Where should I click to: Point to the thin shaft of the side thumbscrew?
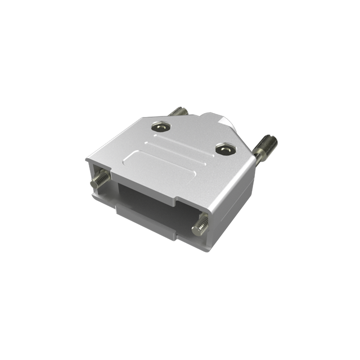[257, 161]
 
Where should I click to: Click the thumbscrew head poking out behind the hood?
[178, 111]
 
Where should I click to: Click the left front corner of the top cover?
[88, 160]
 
